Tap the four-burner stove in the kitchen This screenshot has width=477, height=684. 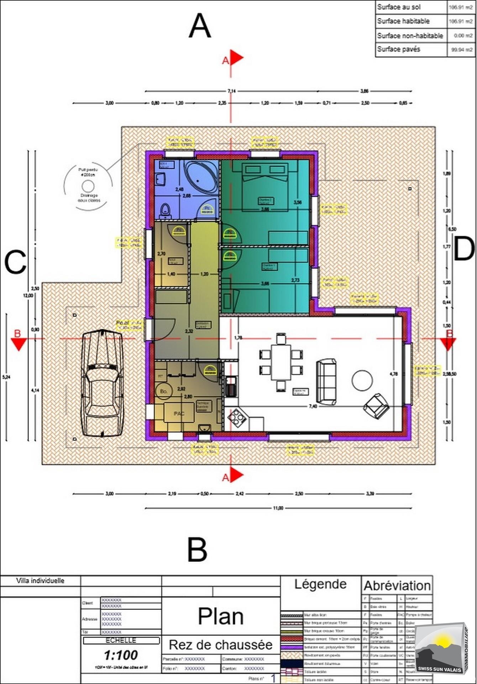click(x=237, y=416)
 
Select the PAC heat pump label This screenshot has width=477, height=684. click(x=179, y=414)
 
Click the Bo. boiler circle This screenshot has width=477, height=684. click(x=164, y=391)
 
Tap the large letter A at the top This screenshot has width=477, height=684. click(x=200, y=26)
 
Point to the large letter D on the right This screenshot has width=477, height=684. click(x=464, y=249)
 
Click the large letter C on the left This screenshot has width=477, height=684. click(x=15, y=263)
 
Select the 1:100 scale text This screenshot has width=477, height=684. click(x=121, y=655)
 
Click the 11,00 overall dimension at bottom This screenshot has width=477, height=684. click(x=278, y=508)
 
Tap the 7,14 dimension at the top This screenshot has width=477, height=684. click(x=232, y=91)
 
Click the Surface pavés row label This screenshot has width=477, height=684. click(x=399, y=49)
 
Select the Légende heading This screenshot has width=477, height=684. click(x=320, y=584)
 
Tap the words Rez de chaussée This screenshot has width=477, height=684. click(x=221, y=644)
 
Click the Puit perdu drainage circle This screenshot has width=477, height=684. click(x=88, y=186)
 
